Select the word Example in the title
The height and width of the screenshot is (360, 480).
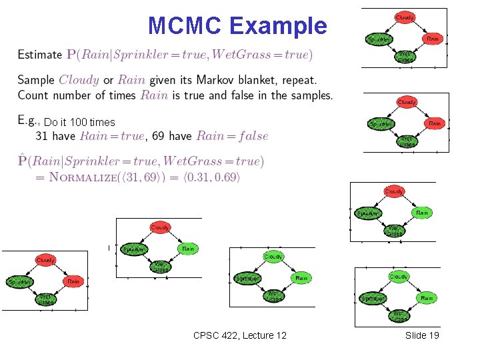(278, 25)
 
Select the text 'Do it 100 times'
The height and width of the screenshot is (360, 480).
(79, 123)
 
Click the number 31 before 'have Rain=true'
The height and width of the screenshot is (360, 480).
(42, 136)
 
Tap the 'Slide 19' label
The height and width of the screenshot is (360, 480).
(422, 335)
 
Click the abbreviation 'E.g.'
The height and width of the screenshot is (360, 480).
(28, 121)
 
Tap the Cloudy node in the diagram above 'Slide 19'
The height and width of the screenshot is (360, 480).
(399, 277)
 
